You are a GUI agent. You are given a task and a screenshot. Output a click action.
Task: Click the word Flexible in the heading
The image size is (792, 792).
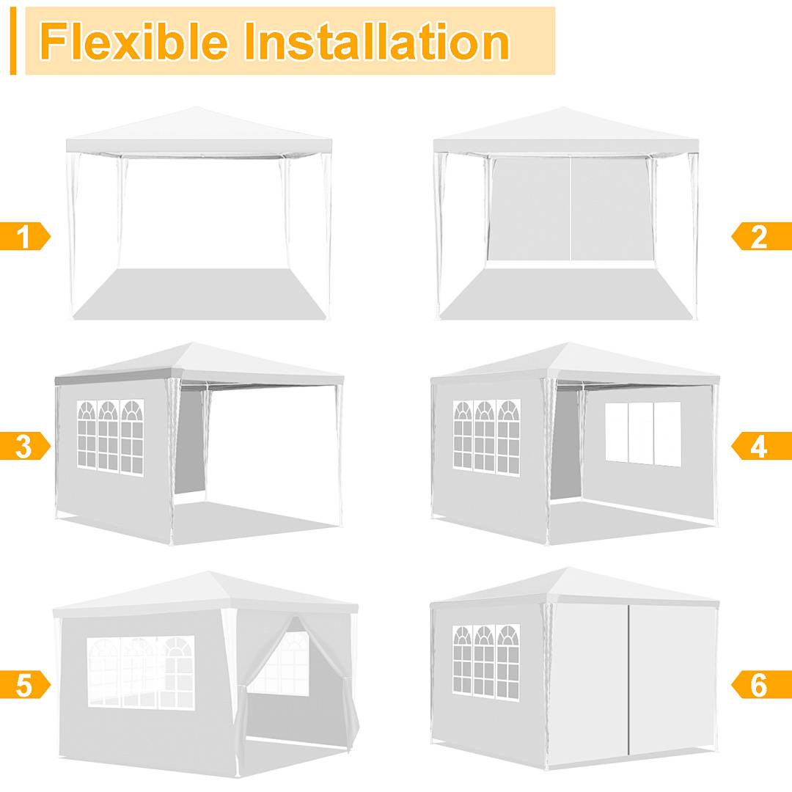pyautogui.click(x=133, y=41)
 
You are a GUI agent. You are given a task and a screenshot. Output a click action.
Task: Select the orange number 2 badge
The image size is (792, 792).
pyautogui.click(x=760, y=237)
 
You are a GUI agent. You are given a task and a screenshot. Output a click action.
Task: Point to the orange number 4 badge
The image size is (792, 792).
pyautogui.click(x=760, y=446)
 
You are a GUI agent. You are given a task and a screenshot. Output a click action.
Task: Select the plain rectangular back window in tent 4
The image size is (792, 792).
pyautogui.click(x=643, y=433)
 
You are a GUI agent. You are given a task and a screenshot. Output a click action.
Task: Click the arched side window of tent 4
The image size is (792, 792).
pyautogui.click(x=486, y=436)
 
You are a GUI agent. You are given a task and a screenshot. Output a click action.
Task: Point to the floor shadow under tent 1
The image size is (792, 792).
pyautogui.click(x=199, y=293)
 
